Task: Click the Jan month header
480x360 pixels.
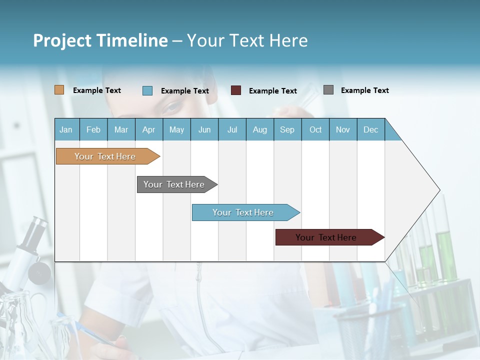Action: tap(66, 129)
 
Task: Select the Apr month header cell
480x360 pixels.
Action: tap(149, 129)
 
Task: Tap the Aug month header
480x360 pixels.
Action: tap(259, 129)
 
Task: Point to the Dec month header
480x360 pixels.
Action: tap(370, 129)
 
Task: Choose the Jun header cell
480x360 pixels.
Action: tap(204, 129)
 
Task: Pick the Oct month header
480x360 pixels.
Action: tap(315, 129)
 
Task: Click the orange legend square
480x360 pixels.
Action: tap(59, 90)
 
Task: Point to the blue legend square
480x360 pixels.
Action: tap(147, 90)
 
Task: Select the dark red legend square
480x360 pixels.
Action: tap(236, 90)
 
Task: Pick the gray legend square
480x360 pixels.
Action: tap(328, 90)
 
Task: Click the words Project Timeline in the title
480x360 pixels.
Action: tap(100, 40)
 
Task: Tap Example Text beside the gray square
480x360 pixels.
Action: tap(364, 90)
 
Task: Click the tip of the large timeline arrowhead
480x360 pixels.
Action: tap(439, 190)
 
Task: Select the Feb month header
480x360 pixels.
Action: tap(93, 129)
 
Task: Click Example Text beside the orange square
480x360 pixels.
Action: tap(96, 90)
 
